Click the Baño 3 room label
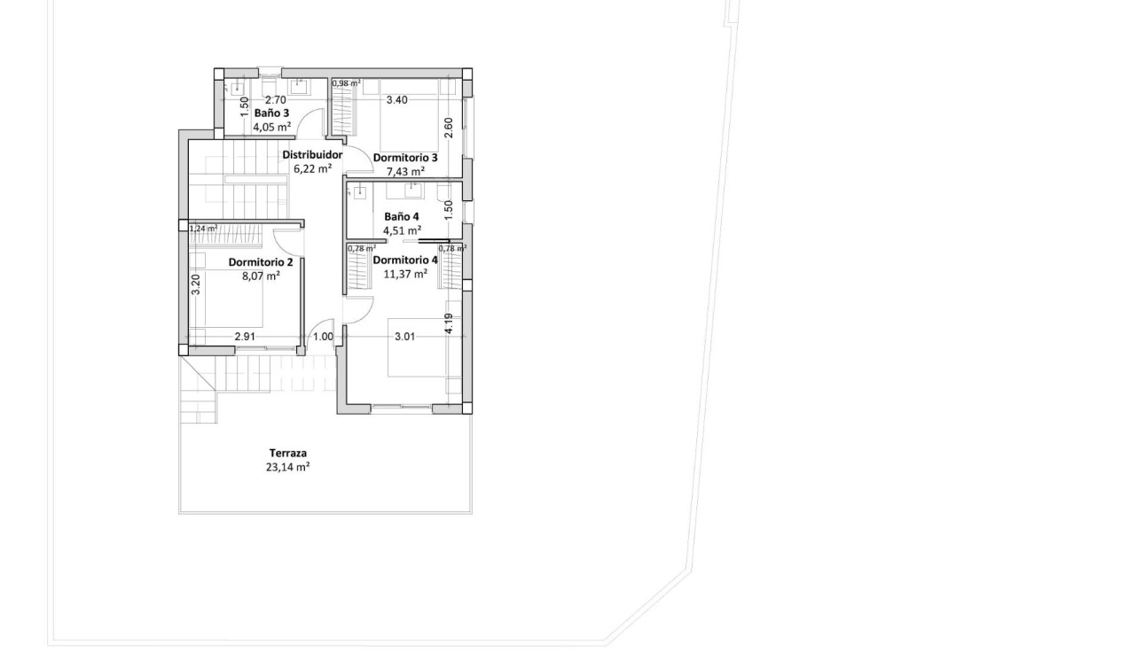click(x=271, y=113)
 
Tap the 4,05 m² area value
click(x=271, y=127)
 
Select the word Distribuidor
click(x=312, y=155)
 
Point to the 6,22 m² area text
click(x=312, y=168)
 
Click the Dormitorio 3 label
click(x=405, y=158)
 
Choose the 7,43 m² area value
click(x=405, y=171)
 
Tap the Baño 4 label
click(x=402, y=217)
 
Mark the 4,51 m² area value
click(x=402, y=230)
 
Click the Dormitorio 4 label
click(x=405, y=261)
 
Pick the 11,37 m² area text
click(x=405, y=274)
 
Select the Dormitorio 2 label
click(x=261, y=262)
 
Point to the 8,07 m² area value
click(x=261, y=276)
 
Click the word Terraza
click(x=288, y=454)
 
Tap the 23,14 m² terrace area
click(x=287, y=467)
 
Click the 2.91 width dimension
click(x=246, y=337)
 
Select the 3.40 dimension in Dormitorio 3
click(x=396, y=100)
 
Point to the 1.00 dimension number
click(x=323, y=337)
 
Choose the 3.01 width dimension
click(x=405, y=337)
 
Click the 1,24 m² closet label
click(x=203, y=229)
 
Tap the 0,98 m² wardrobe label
click(x=346, y=83)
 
